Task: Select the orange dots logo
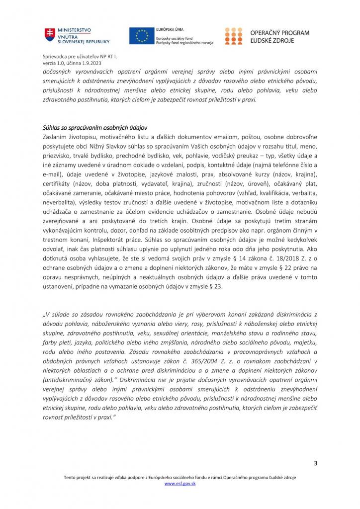[x=234, y=36]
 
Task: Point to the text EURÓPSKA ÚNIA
[x=169, y=30]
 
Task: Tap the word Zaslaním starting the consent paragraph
[x=57, y=137]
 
